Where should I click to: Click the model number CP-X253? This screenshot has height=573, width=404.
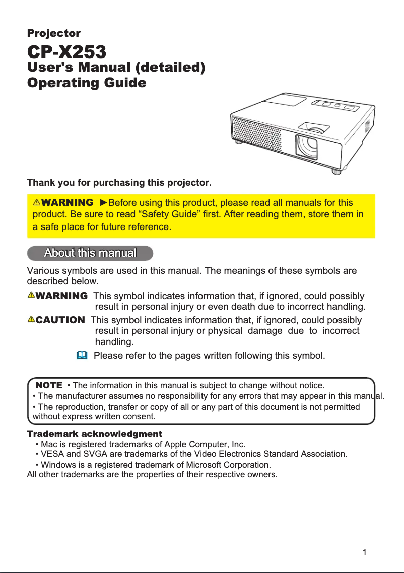(66, 51)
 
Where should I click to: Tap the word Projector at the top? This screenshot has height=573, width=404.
(53, 34)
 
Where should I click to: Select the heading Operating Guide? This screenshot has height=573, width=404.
(86, 83)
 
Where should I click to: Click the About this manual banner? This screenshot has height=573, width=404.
(90, 253)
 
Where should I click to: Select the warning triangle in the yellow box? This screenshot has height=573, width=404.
(36, 203)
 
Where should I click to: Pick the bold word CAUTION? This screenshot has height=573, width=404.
(60, 320)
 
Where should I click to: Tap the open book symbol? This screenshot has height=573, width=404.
(82, 356)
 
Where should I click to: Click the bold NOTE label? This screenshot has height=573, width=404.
(49, 386)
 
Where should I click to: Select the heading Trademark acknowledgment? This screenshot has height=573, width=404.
(94, 434)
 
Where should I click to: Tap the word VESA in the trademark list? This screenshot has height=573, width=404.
(51, 454)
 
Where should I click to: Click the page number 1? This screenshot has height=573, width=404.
(364, 552)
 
